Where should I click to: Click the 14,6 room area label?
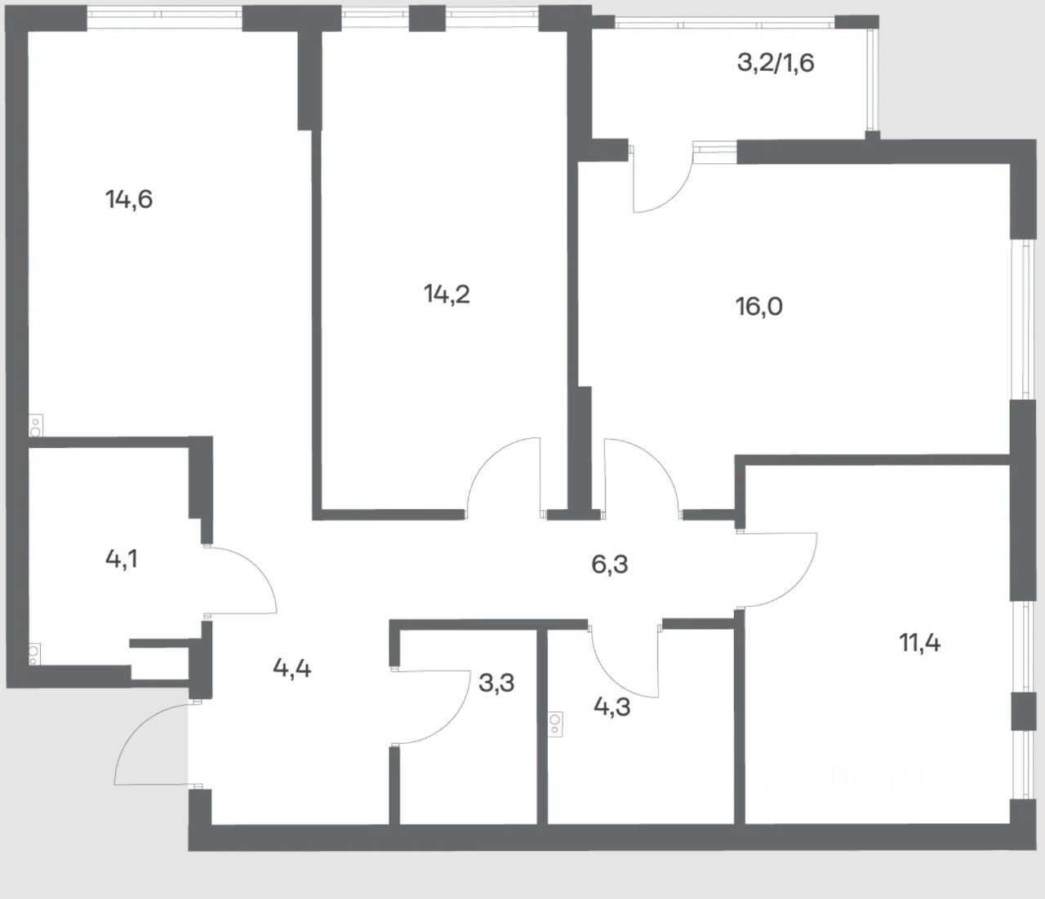pyautogui.click(x=129, y=199)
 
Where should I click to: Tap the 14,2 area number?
pyautogui.click(x=447, y=294)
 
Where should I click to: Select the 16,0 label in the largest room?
pyautogui.click(x=759, y=307)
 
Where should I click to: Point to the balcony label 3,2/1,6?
pyautogui.click(x=776, y=63)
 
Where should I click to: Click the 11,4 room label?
pyautogui.click(x=920, y=643)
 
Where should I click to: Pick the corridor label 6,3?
pyautogui.click(x=610, y=564)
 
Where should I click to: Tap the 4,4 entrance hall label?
pyautogui.click(x=291, y=669)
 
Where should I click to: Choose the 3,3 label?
pyautogui.click(x=496, y=682)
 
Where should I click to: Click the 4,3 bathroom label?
pyautogui.click(x=611, y=706)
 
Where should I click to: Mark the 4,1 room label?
pyautogui.click(x=122, y=559)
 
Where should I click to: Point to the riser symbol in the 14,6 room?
pyautogui.click(x=36, y=424)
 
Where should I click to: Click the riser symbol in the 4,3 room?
pyautogui.click(x=556, y=724)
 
